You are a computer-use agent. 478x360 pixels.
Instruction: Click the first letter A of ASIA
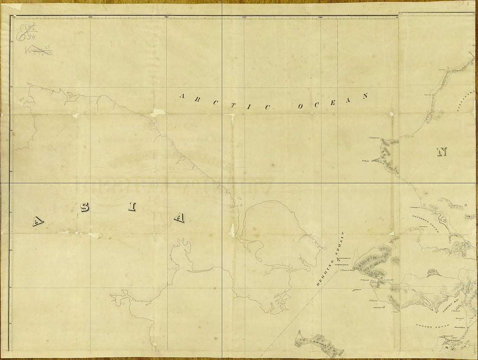(37, 222)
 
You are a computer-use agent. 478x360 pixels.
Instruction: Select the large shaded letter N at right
(442, 152)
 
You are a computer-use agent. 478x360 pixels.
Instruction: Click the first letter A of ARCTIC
(183, 96)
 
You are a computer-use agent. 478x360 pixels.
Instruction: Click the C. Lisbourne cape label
(374, 138)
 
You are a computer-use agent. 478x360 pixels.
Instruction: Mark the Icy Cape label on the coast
(428, 94)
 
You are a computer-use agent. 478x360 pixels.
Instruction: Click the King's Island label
(357, 289)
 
